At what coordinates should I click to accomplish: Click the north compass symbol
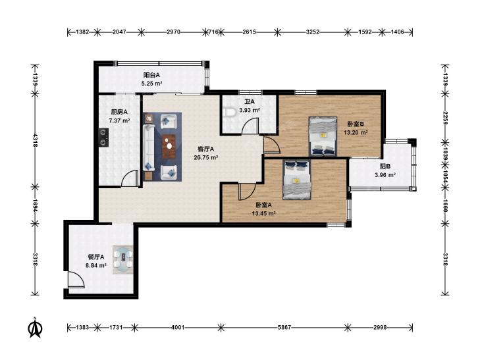pyautogui.click(x=35, y=327)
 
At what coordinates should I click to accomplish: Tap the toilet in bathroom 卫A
pyautogui.click(x=228, y=112)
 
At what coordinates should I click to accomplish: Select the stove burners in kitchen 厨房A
pyautogui.click(x=103, y=137)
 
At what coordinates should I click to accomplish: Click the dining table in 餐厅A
pyautogui.click(x=123, y=259)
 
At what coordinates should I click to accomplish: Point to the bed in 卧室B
pyautogui.click(x=323, y=136)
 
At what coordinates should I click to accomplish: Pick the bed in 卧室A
pyautogui.click(x=297, y=180)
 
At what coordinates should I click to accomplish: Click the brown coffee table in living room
pyautogui.click(x=169, y=147)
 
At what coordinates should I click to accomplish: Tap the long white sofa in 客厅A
pyautogui.click(x=148, y=147)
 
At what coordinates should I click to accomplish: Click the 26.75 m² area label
pyautogui.click(x=205, y=157)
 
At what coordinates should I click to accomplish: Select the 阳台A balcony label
pyautogui.click(x=152, y=75)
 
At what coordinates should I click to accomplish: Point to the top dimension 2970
pyautogui.click(x=173, y=32)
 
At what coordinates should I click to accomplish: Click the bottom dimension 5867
pyautogui.click(x=284, y=327)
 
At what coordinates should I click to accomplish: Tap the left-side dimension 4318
pyautogui.click(x=35, y=140)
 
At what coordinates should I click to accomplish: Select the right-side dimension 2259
pyautogui.click(x=445, y=117)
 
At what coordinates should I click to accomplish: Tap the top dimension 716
pyautogui.click(x=213, y=32)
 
